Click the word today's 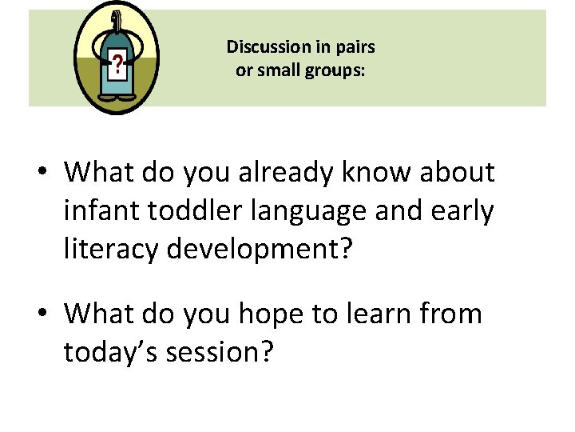(110, 353)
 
